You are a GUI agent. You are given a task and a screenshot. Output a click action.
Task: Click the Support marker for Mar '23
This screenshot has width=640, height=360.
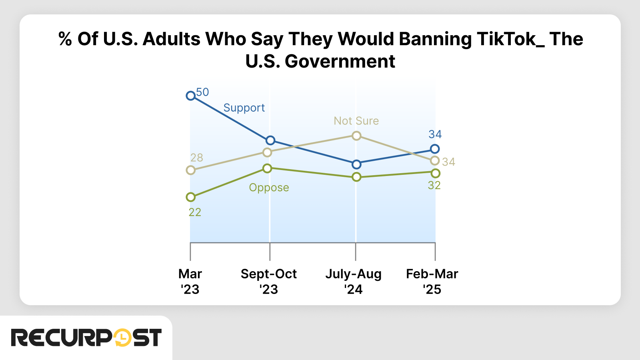[x=191, y=96]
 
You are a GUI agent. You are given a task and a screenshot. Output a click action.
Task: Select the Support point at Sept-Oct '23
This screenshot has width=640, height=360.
[x=270, y=140]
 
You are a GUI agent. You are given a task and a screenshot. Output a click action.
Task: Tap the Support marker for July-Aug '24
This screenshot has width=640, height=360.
[x=356, y=164]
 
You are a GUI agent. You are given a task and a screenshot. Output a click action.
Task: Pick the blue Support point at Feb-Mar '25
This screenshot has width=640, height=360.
[x=435, y=149]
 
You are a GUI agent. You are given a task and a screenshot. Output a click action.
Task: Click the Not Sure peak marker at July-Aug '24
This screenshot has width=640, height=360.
[x=356, y=136]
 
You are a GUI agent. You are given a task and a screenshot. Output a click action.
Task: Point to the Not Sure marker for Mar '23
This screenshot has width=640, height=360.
[x=191, y=170]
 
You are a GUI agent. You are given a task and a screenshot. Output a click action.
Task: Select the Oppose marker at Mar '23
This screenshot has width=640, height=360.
[x=191, y=197]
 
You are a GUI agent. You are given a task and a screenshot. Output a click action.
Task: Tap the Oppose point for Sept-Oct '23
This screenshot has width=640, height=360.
[x=268, y=168]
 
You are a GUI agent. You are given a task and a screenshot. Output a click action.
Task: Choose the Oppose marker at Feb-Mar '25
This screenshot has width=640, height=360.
[x=436, y=173]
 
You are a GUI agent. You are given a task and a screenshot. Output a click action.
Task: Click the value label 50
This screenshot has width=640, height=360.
[x=202, y=92]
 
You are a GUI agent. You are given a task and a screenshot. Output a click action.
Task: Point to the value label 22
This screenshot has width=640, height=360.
[x=195, y=212]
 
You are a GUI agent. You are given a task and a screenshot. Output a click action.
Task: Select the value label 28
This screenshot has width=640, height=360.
[x=196, y=158]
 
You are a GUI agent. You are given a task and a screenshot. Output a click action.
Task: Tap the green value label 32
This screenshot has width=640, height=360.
[x=434, y=186]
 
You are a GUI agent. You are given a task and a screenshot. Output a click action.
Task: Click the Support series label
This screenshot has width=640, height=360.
[x=244, y=108]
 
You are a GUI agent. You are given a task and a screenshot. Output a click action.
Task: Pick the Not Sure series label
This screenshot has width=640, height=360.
[x=356, y=121]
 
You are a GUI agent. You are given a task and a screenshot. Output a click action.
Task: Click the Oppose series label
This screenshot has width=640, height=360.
[x=269, y=188]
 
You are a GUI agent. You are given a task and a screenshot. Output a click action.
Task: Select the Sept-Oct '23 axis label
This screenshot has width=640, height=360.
[x=268, y=281]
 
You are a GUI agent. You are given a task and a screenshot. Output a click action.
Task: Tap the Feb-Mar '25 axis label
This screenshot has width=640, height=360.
[x=432, y=281]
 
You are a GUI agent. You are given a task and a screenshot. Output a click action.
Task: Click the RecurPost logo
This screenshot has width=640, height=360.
[x=86, y=338]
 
